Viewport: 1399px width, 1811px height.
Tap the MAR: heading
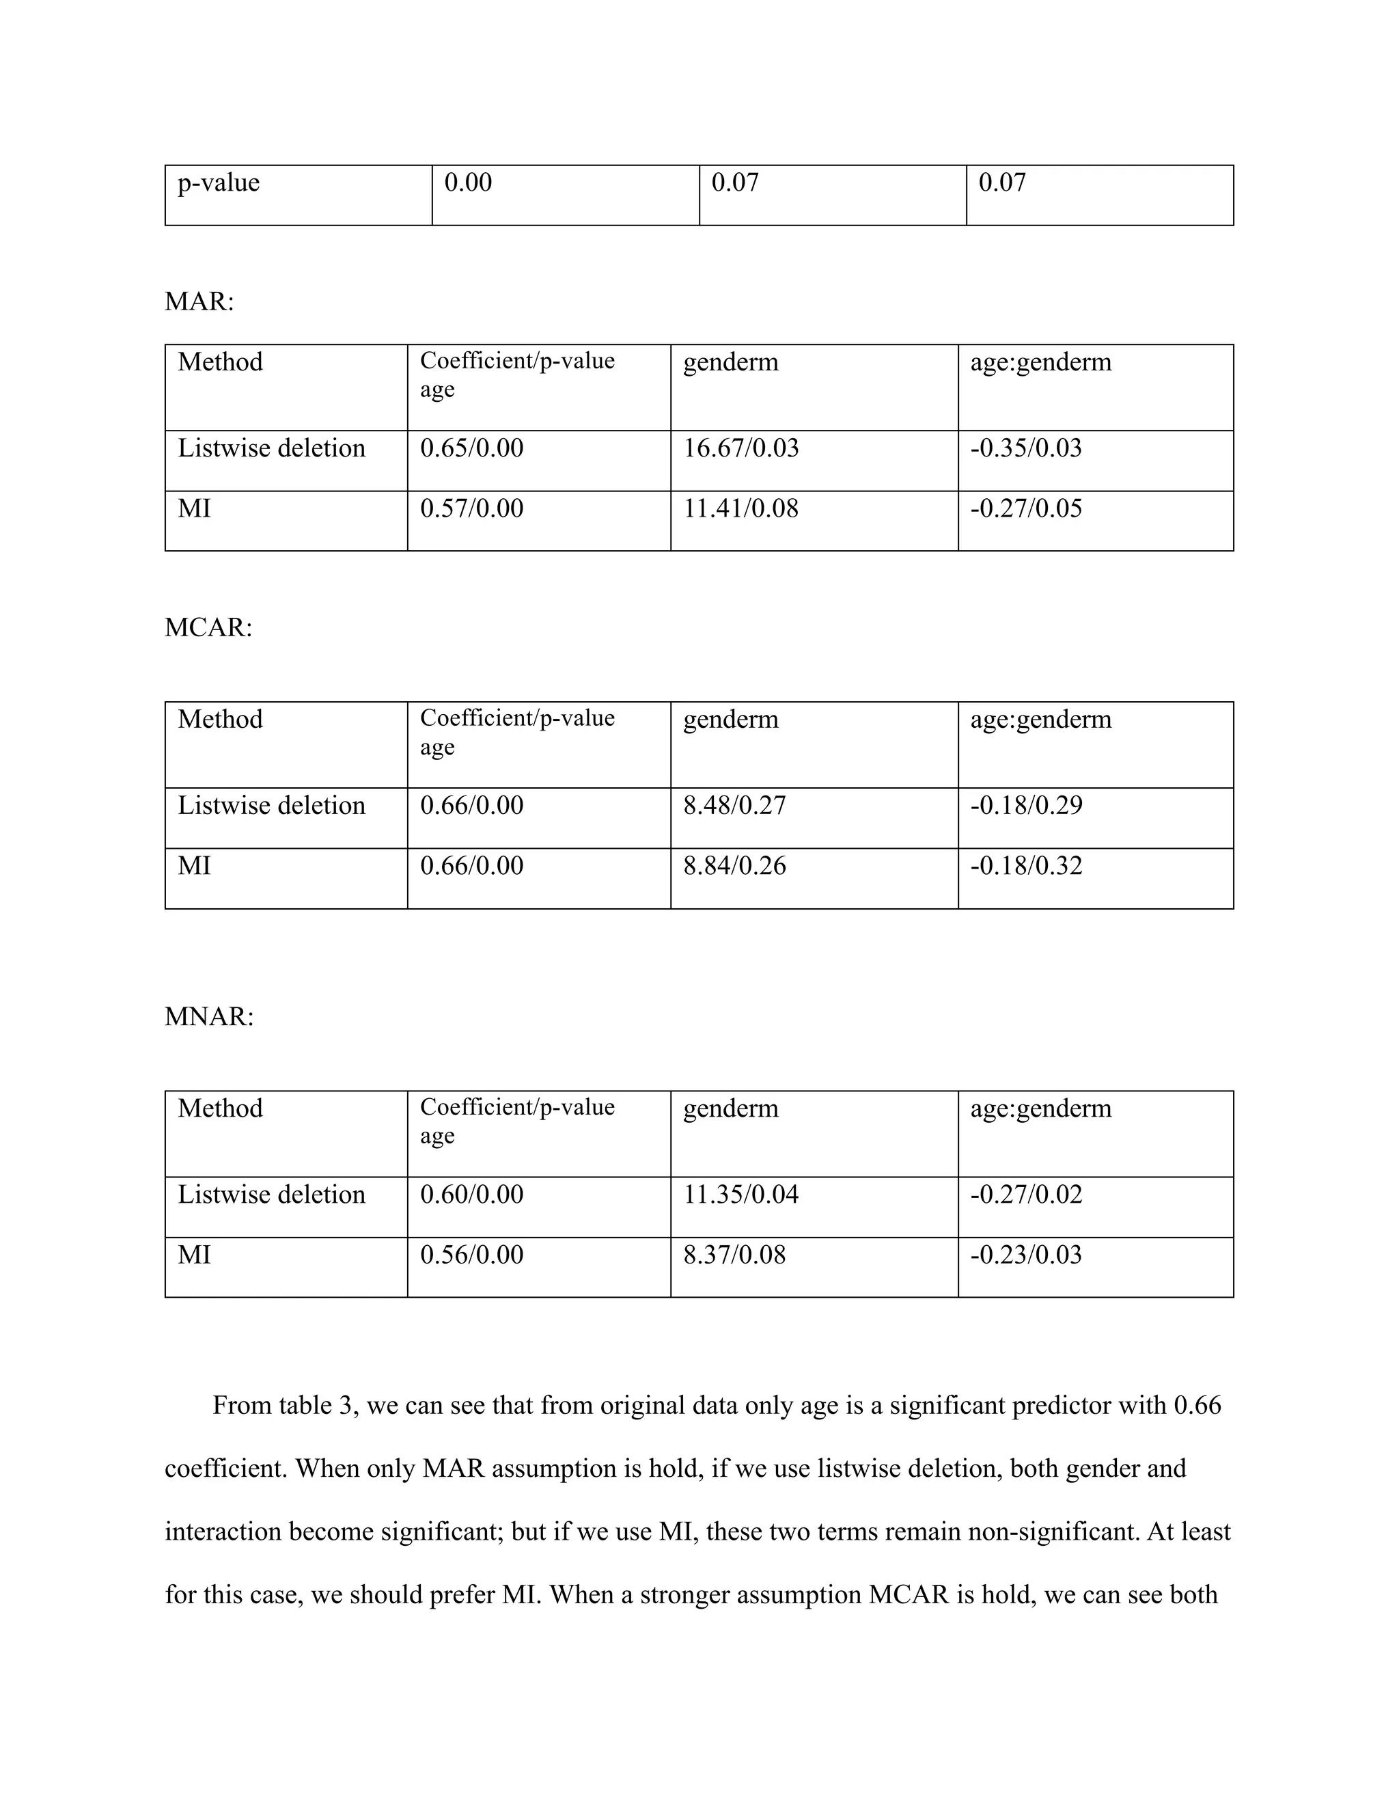[199, 302]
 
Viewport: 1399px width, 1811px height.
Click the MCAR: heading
[208, 628]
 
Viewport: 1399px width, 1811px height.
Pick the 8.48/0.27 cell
[734, 806]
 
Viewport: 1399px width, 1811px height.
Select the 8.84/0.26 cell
[734, 867]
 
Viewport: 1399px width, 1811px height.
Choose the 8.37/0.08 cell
[734, 1255]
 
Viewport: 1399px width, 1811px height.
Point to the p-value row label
[218, 182]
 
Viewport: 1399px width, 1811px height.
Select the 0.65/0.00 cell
[471, 448]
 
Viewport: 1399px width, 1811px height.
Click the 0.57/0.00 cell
[471, 508]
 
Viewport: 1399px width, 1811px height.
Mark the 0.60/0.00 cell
[471, 1195]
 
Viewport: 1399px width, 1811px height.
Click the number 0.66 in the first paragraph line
[1197, 1406]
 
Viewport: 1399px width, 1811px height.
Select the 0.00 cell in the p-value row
[467, 182]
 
